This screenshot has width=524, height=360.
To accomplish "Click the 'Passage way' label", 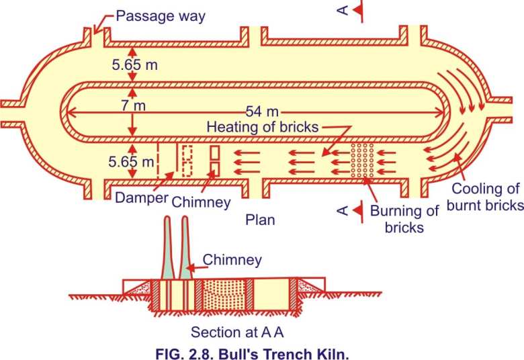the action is (161, 16).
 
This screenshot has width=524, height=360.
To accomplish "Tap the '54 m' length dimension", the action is (262, 111).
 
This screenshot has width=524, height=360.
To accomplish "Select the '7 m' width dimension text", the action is (133, 105).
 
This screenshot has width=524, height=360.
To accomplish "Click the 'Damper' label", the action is (141, 198).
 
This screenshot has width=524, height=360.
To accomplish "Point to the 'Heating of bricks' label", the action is (262, 127).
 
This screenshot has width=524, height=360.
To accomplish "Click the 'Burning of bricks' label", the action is (404, 219).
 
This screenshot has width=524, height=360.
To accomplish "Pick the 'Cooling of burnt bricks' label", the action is (485, 197).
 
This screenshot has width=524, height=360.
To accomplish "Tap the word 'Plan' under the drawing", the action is (260, 220).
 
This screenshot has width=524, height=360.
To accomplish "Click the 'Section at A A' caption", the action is (237, 332).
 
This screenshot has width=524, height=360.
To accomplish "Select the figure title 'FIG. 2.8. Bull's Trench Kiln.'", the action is (253, 354).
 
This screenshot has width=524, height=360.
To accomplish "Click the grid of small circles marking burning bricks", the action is (362, 160).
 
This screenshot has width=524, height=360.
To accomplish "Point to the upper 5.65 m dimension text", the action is (134, 65).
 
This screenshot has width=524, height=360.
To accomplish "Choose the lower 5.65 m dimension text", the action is (131, 162).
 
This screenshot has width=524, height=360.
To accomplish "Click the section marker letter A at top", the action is (343, 10).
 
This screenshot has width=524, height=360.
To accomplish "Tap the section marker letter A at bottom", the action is (343, 211).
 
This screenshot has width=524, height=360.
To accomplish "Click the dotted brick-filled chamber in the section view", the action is (224, 295).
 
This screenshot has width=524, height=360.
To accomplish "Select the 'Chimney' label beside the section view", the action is (232, 260).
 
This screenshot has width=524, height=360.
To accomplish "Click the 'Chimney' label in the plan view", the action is (201, 202).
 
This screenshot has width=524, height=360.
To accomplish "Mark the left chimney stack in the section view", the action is (167, 248).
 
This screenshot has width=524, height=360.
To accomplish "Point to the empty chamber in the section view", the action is (271, 295).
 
